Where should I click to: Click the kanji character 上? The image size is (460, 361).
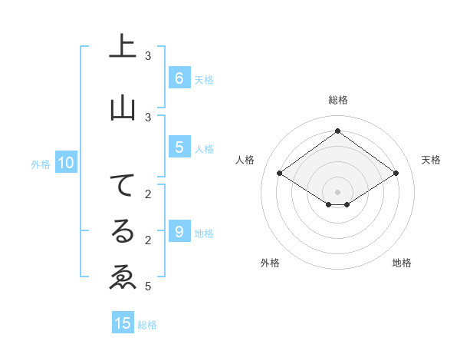coord(123,47)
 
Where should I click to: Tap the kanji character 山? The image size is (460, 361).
coord(123,108)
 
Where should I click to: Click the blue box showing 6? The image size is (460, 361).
coord(179,78)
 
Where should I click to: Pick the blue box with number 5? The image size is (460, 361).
coord(179,147)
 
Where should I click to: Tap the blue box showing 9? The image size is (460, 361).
coord(179,231)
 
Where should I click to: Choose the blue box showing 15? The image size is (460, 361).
coord(123,323)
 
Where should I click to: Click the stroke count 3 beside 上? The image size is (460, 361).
coord(148,56)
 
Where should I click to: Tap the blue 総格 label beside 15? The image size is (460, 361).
coord(147,325)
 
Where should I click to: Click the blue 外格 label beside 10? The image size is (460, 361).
coord(41,164)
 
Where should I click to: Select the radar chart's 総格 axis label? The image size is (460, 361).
coord(337,100)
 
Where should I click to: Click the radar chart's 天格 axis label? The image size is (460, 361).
coord(431,160)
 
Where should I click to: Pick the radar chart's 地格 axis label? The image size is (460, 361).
coord(402,263)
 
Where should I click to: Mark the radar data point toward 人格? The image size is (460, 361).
coord(280,174)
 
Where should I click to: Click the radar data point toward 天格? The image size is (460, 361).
coord(396,174)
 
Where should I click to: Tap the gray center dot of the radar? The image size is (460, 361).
coord(337,191)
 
